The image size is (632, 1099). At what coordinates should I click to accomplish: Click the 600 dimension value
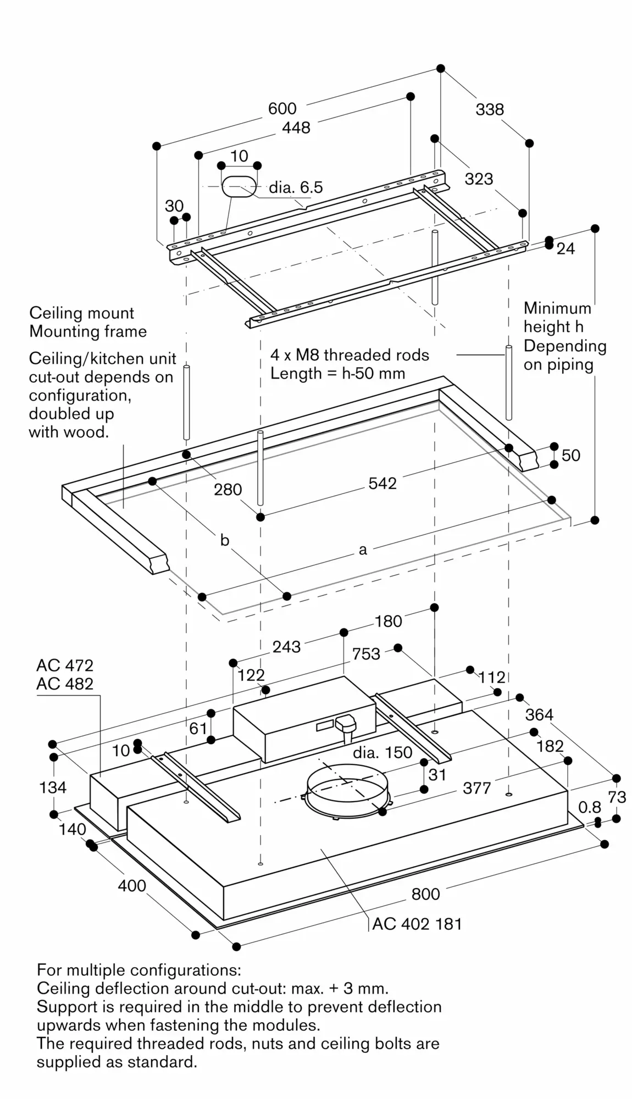click(282, 108)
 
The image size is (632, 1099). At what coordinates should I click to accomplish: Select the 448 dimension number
click(296, 127)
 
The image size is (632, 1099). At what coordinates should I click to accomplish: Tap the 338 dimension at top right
click(489, 109)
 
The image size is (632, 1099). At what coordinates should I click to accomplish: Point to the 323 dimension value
click(479, 179)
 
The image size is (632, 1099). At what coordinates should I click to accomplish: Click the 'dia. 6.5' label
click(296, 187)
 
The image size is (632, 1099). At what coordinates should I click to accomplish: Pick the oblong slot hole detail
click(239, 186)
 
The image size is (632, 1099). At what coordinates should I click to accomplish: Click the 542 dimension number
click(382, 483)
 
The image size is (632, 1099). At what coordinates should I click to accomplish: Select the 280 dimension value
click(228, 489)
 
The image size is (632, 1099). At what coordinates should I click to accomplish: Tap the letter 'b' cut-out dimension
click(224, 540)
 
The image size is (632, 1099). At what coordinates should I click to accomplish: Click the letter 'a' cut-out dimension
click(363, 549)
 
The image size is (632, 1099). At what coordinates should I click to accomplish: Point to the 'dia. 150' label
click(382, 752)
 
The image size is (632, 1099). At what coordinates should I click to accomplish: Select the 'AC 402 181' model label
click(417, 924)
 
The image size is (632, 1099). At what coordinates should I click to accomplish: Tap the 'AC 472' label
click(65, 665)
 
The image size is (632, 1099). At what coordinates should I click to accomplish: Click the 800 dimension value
click(425, 894)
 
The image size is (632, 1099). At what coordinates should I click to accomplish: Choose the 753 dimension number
click(366, 654)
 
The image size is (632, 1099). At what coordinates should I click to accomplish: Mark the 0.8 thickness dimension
click(589, 807)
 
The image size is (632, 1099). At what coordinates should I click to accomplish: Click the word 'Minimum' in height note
click(557, 308)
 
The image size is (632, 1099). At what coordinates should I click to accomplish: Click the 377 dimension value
click(476, 788)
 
